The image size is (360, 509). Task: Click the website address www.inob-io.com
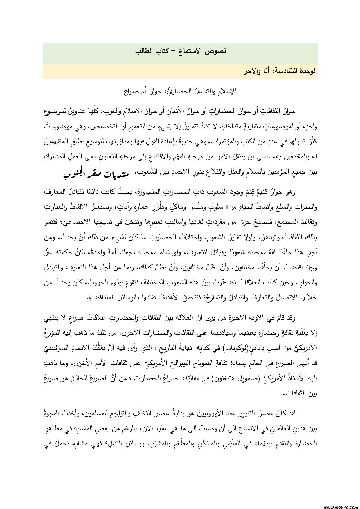pos(340,506)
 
